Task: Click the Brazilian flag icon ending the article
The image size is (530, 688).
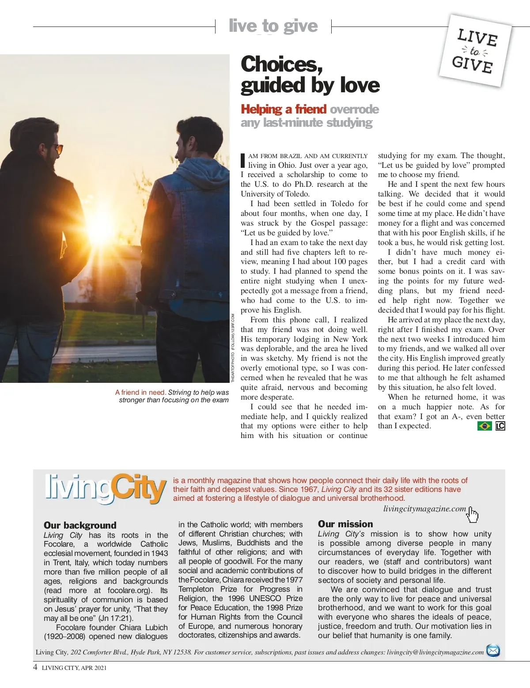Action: pyautogui.click(x=485, y=426)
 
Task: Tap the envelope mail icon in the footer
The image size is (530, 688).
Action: pyautogui.click(x=493, y=650)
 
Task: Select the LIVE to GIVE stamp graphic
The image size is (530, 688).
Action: pyautogui.click(x=475, y=51)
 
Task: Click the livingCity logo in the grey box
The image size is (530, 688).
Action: pyautogui.click(x=105, y=489)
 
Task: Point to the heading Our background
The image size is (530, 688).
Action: pyautogui.click(x=80, y=525)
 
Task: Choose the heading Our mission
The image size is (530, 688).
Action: pyautogui.click(x=345, y=524)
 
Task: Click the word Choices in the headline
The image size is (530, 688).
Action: pyautogui.click(x=282, y=64)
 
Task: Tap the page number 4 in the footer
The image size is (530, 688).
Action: pyautogui.click(x=35, y=667)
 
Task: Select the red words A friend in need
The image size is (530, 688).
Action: pyautogui.click(x=140, y=392)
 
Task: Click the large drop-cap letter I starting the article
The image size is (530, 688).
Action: pyautogui.click(x=242, y=160)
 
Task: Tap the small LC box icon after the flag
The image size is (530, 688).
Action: pyautogui.click(x=500, y=426)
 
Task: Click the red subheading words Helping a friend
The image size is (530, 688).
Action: pyautogui.click(x=284, y=109)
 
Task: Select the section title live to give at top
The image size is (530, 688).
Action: pyautogui.click(x=273, y=26)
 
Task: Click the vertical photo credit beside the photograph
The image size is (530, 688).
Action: pyautogui.click(x=233, y=348)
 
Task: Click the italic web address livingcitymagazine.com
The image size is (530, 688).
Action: pyautogui.click(x=424, y=509)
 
